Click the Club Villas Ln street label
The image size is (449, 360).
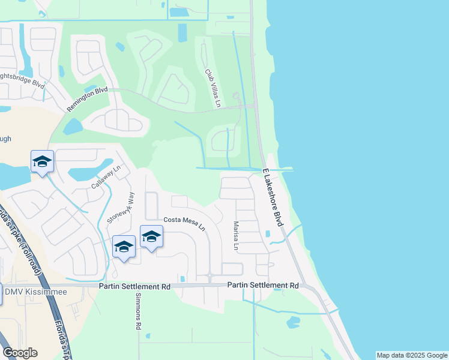click(x=213, y=89)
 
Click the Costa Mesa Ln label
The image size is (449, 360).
click(x=184, y=223)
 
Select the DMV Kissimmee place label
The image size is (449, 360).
click(x=35, y=292)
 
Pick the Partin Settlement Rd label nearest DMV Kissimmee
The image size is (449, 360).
click(x=134, y=287)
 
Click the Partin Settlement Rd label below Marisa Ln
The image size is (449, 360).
click(x=262, y=286)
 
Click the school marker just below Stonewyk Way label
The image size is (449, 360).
click(x=124, y=247)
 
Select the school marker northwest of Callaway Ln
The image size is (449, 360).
click(x=42, y=161)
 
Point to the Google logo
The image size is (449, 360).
click(x=20, y=353)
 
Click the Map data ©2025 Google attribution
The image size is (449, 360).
click(x=412, y=355)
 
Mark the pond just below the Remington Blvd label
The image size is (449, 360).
click(x=73, y=126)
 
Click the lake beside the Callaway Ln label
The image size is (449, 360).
click(x=90, y=173)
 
